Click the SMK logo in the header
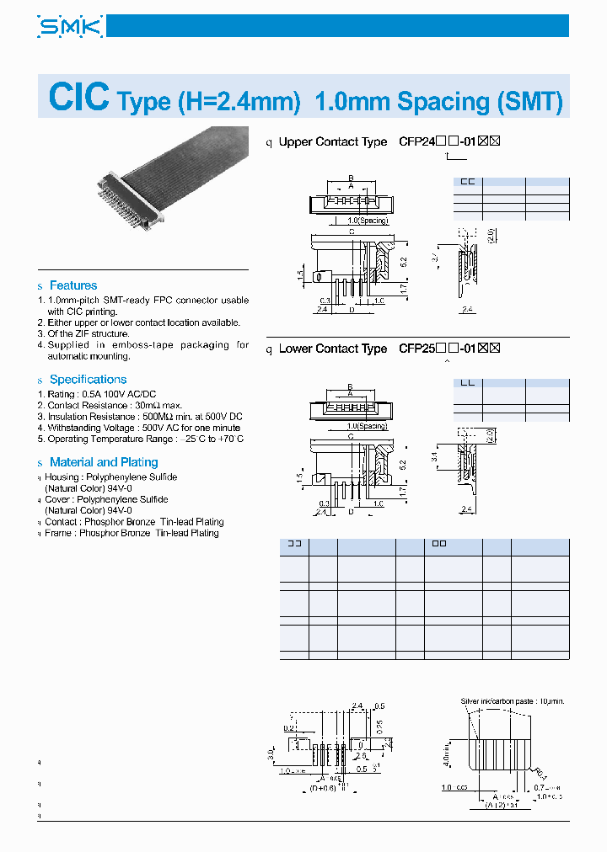point(70,27)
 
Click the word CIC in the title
point(79,98)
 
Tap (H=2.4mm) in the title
point(239,102)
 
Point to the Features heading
point(73,285)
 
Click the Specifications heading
point(88,380)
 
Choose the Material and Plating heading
point(104,462)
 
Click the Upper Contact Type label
point(332,142)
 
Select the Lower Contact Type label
point(332,349)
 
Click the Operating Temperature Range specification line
point(143,439)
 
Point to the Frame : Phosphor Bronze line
point(136,533)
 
